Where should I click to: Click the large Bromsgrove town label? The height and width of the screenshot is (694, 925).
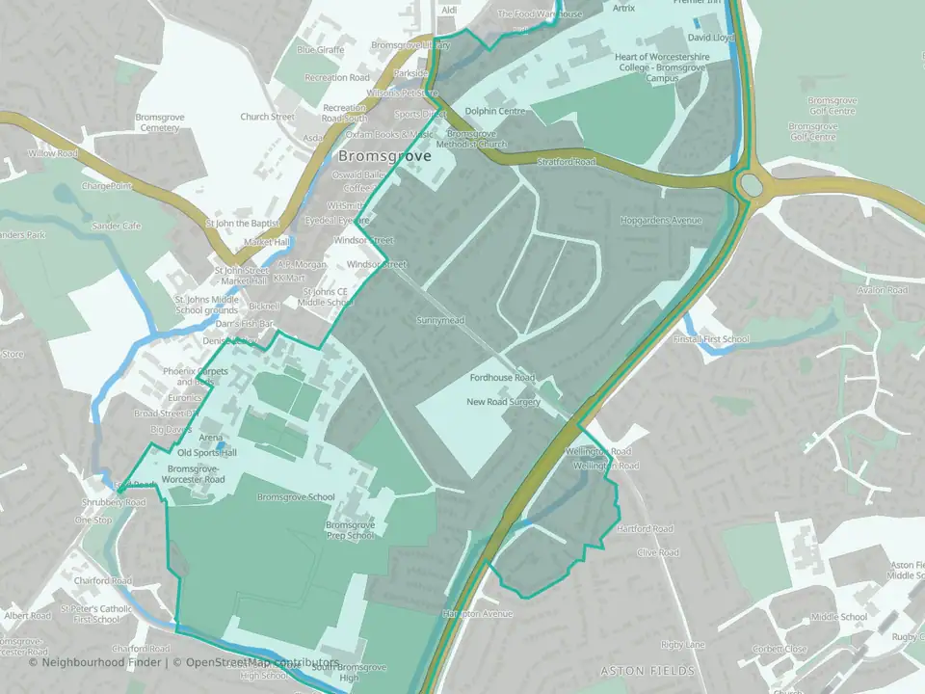pyautogui.click(x=384, y=156)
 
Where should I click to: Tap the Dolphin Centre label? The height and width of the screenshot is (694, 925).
pyautogui.click(x=495, y=111)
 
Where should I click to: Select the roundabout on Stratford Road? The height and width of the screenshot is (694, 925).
pyautogui.click(x=751, y=182)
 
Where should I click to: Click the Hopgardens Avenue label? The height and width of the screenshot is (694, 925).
pyautogui.click(x=661, y=221)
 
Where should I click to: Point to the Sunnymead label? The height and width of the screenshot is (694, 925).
pyautogui.click(x=440, y=320)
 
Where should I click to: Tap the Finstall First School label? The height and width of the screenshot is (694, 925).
pyautogui.click(x=711, y=339)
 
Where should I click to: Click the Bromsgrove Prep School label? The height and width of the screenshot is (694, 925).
pyautogui.click(x=349, y=530)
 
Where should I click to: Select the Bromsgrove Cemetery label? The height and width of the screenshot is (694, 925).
pyautogui.click(x=159, y=122)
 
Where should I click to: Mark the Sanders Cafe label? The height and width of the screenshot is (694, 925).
pyautogui.click(x=117, y=227)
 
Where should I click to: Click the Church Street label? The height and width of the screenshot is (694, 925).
pyautogui.click(x=267, y=118)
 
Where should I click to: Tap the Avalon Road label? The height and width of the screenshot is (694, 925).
pyautogui.click(x=884, y=290)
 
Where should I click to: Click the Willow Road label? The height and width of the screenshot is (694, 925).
pyautogui.click(x=52, y=153)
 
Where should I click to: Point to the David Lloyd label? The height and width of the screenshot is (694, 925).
pyautogui.click(x=711, y=38)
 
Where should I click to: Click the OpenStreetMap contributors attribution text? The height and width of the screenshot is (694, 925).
pyautogui.click(x=263, y=662)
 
